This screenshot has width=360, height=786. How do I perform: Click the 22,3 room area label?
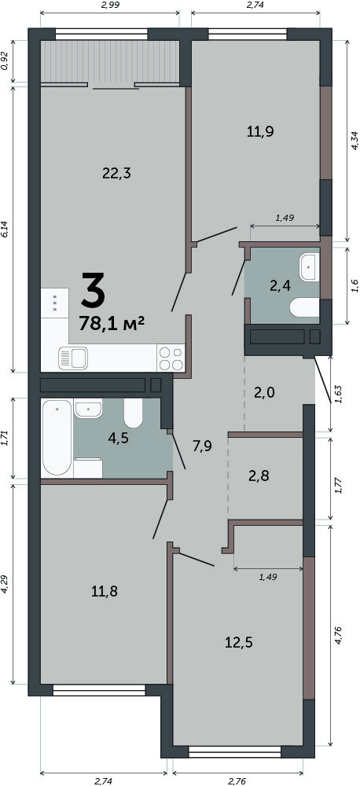pyautogui.click(x=116, y=174)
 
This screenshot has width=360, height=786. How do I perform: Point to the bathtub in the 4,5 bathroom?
pyautogui.click(x=57, y=436)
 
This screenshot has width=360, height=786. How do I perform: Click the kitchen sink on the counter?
pyautogui.click(x=73, y=358)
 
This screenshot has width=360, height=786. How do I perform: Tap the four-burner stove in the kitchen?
pyautogui.click(x=171, y=358)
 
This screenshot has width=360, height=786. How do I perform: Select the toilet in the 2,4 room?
pyautogui.click(x=304, y=307)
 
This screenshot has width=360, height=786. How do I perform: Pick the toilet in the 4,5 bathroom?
pyautogui.click(x=134, y=412)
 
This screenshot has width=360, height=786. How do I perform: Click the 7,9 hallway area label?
pyautogui.click(x=203, y=444)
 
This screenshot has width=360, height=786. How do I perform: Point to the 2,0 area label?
pyautogui.click(x=264, y=392)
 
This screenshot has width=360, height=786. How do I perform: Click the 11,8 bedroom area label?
pyautogui.click(x=105, y=592)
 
